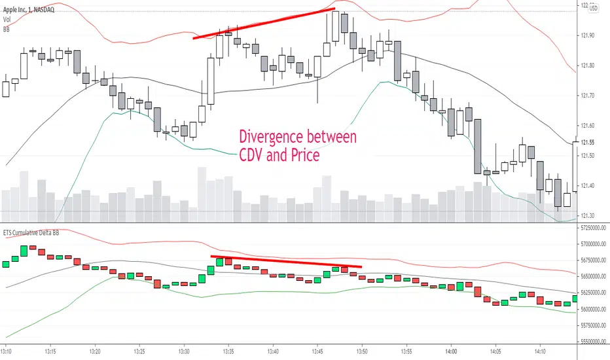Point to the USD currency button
coord(594,9)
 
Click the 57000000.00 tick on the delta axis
coord(592,244)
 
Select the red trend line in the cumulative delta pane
coord(286,261)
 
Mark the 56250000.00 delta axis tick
coord(592,293)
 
